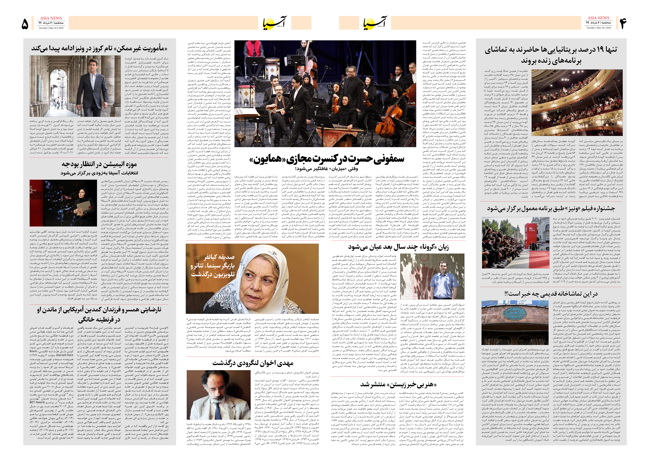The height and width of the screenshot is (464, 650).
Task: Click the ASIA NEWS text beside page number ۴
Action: click(598, 18)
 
